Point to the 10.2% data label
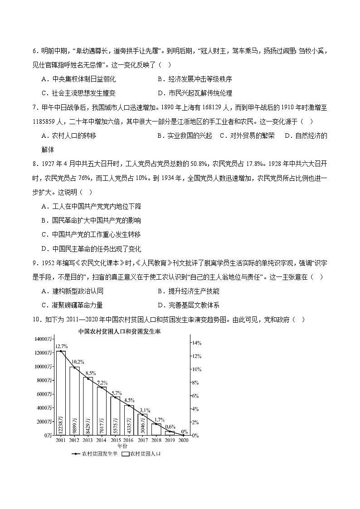pos(78,362)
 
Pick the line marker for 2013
pos(88,378)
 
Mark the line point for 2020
pos(183,435)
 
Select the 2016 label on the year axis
pos(129,440)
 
